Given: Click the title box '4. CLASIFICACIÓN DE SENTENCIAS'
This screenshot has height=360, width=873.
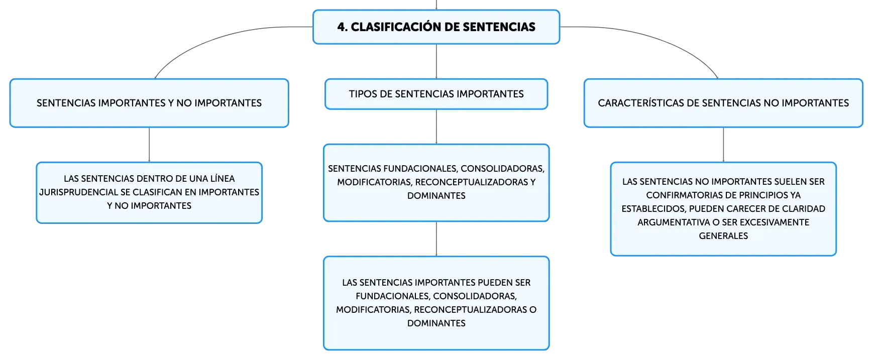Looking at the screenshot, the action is [436, 27].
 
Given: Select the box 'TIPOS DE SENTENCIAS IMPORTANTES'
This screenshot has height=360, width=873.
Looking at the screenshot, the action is [436, 94].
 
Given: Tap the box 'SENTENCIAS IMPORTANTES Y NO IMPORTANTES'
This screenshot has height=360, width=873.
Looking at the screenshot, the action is [149, 103].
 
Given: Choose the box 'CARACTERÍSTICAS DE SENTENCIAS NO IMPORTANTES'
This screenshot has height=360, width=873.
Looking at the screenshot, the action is [723, 103].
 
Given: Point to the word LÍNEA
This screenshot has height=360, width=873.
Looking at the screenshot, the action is [223, 179].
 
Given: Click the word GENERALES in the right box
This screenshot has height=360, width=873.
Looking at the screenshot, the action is [723, 236].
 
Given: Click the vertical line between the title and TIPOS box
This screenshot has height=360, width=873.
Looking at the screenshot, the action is [436, 61].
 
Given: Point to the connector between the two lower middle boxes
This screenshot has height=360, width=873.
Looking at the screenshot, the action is [436, 239].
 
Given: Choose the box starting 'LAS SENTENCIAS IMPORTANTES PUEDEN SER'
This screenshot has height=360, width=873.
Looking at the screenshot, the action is [436, 303].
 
